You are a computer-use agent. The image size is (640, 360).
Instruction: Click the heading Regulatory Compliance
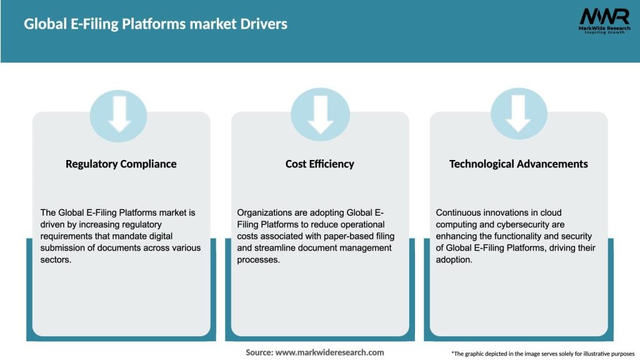pyautogui.click(x=121, y=164)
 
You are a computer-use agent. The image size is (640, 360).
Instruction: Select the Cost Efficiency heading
pyautogui.click(x=320, y=164)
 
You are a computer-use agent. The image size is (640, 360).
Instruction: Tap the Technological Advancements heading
pyautogui.click(x=519, y=164)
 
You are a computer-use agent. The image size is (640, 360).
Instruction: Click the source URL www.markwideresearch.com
pyautogui.click(x=329, y=352)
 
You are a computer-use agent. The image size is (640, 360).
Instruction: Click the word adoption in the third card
pyautogui.click(x=454, y=260)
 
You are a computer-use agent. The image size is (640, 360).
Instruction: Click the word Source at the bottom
pyautogui.click(x=259, y=352)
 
